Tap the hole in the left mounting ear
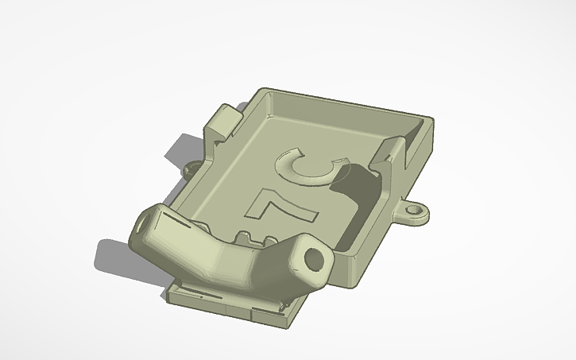point(191,169)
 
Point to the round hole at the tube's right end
point(315,259)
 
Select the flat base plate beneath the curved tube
point(238,302)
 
